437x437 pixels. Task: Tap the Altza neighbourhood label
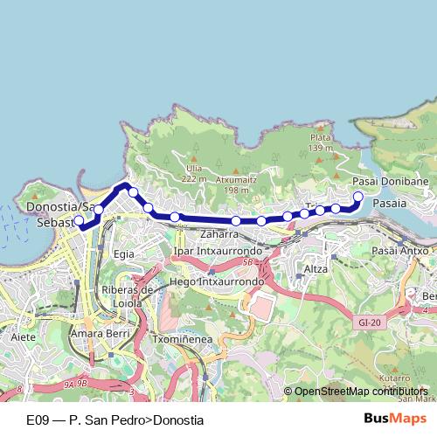click(315, 268)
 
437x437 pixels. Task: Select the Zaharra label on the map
click(218, 234)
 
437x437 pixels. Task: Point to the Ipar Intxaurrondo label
click(218, 251)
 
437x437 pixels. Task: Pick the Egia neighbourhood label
click(123, 253)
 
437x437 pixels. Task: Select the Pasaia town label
click(389, 202)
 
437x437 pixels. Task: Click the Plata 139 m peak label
click(321, 142)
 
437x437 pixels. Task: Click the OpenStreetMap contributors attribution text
click(360, 392)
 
